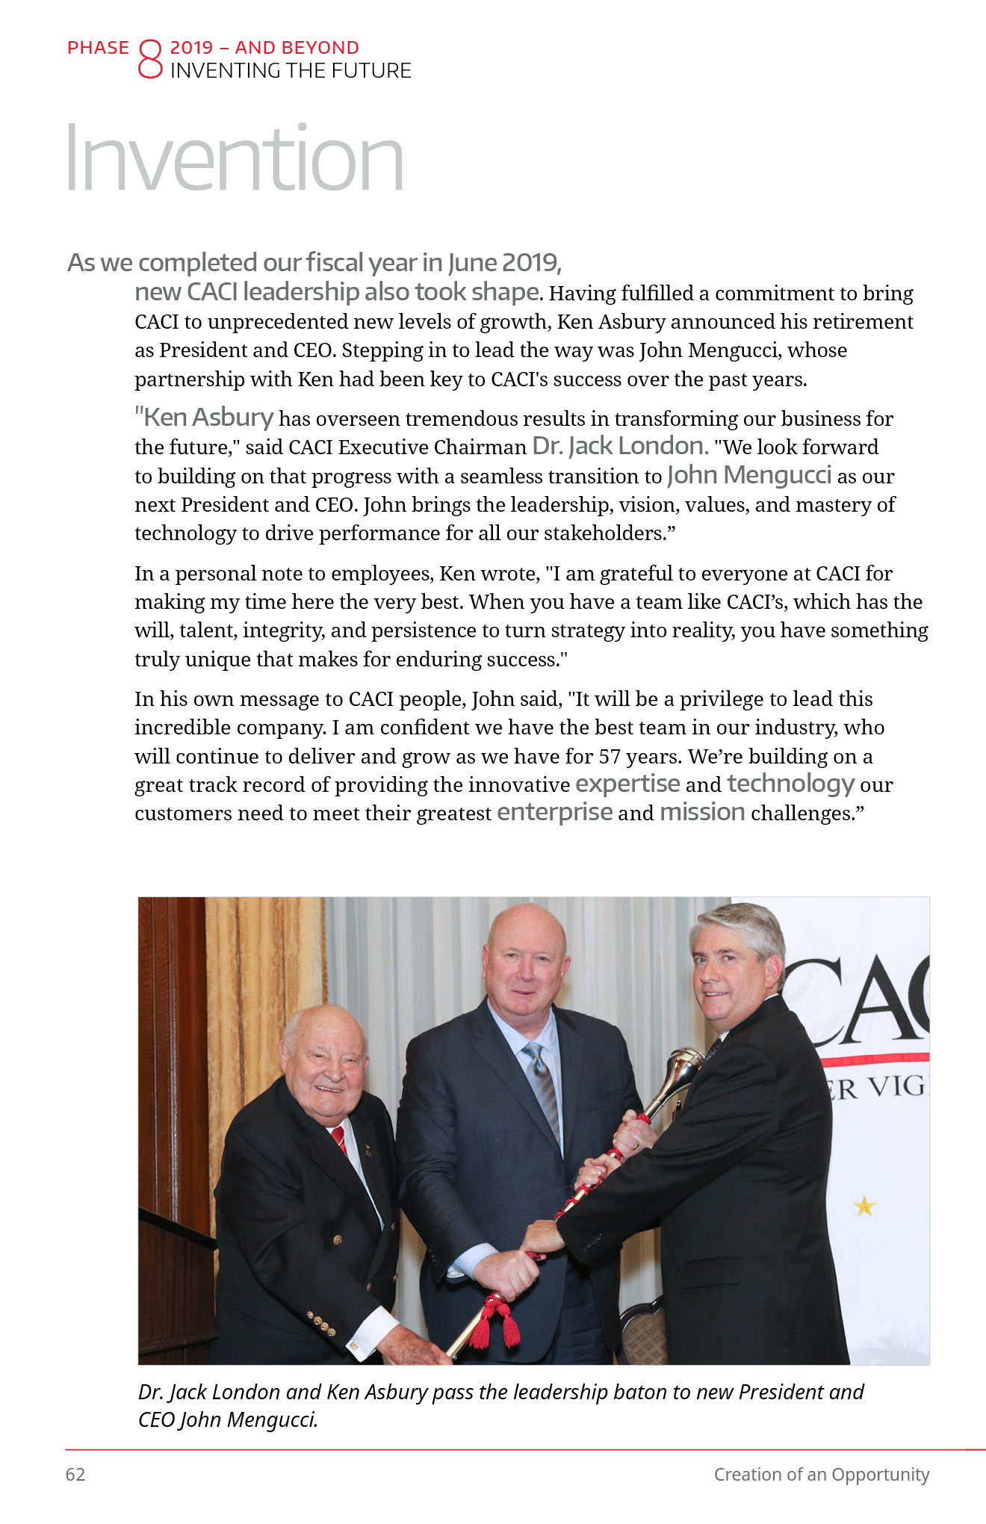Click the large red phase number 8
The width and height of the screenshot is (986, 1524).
tap(149, 60)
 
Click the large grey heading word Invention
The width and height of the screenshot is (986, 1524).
tap(235, 158)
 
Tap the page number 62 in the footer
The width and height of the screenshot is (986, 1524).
tap(75, 1474)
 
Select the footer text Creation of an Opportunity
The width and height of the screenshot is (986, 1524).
tap(821, 1474)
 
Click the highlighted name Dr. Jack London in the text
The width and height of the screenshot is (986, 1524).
tap(619, 446)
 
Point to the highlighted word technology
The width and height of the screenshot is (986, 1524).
tap(790, 783)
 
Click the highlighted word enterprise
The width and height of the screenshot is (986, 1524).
tap(554, 812)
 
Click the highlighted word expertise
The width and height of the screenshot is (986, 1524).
tap(627, 783)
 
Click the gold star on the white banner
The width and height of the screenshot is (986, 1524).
tap(864, 1206)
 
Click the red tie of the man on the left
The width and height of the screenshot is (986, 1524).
tap(339, 1139)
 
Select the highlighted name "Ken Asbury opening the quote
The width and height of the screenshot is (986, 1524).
tap(204, 417)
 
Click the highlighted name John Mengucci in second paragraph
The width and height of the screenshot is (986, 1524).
tap(748, 475)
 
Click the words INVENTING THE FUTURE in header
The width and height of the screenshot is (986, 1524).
tap(291, 71)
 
